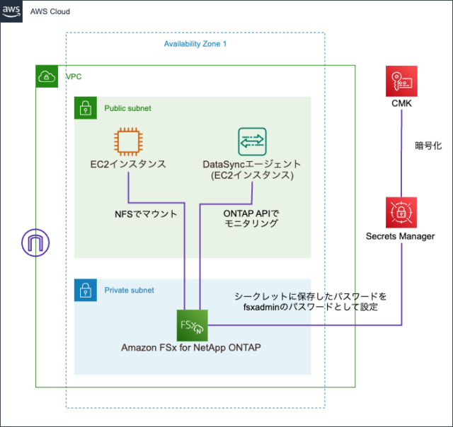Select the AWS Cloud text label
point(50,12)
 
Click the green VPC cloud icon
point(47,76)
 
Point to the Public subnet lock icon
point(85,108)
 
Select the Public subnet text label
point(127,108)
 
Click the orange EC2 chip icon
point(128,141)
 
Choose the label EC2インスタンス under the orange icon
point(128,165)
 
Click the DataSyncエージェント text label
point(252,165)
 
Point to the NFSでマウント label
point(146,212)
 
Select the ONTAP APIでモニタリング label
point(246,217)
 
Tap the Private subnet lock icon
point(85,290)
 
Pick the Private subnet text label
point(129,290)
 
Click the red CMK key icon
point(401,81)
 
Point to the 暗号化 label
point(428,146)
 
